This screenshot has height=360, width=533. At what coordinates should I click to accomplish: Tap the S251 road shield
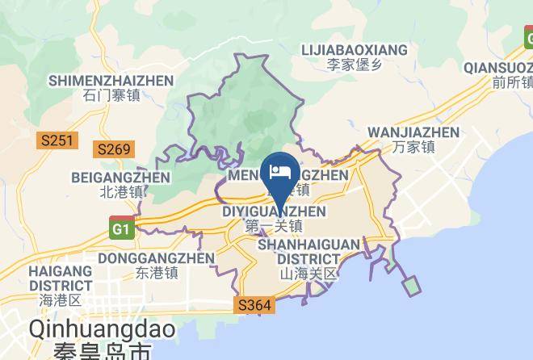57,141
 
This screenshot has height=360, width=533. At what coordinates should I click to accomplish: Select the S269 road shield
112,149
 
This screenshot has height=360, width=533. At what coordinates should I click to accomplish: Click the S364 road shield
256,306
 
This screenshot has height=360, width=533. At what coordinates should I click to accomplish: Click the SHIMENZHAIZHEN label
111,81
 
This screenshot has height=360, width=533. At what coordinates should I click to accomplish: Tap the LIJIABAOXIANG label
354,49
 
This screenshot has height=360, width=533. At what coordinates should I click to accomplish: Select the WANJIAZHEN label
413,132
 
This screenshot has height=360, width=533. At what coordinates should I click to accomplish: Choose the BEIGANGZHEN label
120,178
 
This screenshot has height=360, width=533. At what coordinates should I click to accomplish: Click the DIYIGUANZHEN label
274,211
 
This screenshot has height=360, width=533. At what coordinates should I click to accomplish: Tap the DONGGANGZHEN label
156,258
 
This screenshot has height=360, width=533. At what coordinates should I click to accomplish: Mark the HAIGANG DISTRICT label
61,278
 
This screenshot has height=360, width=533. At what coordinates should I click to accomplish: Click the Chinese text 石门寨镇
111,95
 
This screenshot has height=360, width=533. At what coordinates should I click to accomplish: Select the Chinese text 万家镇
413,147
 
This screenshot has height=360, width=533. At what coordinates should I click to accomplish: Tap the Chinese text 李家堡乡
354,63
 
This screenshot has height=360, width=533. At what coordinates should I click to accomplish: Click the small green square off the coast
411,286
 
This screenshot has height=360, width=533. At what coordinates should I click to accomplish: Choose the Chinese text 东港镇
156,273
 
